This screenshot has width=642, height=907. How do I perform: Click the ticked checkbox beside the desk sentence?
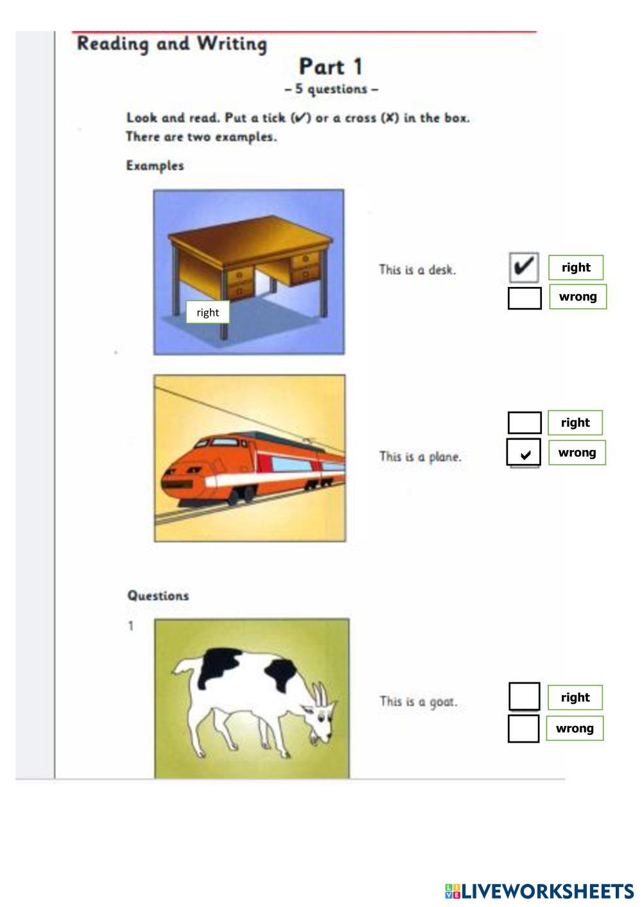click(524, 267)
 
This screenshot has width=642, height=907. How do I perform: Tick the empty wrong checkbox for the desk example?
click(525, 298)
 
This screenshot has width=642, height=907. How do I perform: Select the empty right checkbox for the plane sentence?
click(525, 422)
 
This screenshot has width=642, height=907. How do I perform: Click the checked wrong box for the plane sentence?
click(523, 452)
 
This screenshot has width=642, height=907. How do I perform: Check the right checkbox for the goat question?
click(524, 696)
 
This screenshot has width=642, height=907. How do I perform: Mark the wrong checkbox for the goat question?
click(523, 729)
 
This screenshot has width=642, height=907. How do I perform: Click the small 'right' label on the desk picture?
click(207, 312)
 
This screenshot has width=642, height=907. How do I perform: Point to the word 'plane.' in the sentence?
click(445, 457)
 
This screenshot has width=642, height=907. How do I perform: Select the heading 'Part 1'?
click(330, 67)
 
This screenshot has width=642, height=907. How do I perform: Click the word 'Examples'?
click(155, 166)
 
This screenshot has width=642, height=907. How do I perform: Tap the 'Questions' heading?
click(158, 595)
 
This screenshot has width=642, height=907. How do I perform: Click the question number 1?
click(130, 626)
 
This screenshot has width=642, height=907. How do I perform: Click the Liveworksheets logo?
click(539, 891)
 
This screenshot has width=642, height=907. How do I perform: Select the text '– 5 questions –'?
click(331, 89)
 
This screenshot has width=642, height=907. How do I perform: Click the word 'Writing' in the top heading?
click(232, 44)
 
